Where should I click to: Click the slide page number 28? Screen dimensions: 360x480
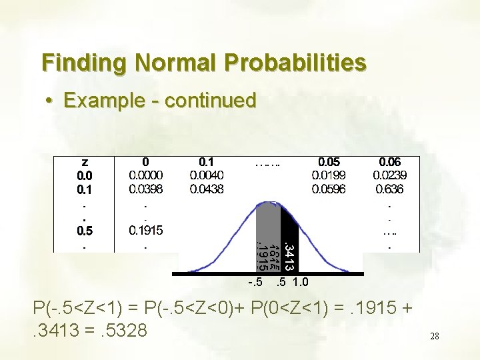tap(435, 337)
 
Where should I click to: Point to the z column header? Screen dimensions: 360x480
tap(85, 162)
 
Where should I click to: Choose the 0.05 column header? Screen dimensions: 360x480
tap(329, 162)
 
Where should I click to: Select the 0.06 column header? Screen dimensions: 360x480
tap(390, 162)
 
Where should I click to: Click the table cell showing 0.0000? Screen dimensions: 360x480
tap(146, 175)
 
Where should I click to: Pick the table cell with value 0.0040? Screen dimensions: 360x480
tap(207, 175)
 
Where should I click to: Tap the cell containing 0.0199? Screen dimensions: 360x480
tap(329, 175)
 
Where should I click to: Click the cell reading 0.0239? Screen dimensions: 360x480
tap(390, 175)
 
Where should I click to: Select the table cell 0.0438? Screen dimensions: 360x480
tap(207, 189)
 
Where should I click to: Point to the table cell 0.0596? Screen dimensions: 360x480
tap(329, 189)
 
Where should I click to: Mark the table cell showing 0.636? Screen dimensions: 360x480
tap(390, 189)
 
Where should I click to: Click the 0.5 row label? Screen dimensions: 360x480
tap(85, 231)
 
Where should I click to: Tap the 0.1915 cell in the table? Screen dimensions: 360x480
tap(146, 231)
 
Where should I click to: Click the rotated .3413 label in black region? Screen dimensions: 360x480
tap(289, 243)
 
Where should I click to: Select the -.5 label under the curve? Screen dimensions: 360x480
tap(255, 282)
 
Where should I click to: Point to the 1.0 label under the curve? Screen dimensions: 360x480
tap(300, 282)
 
